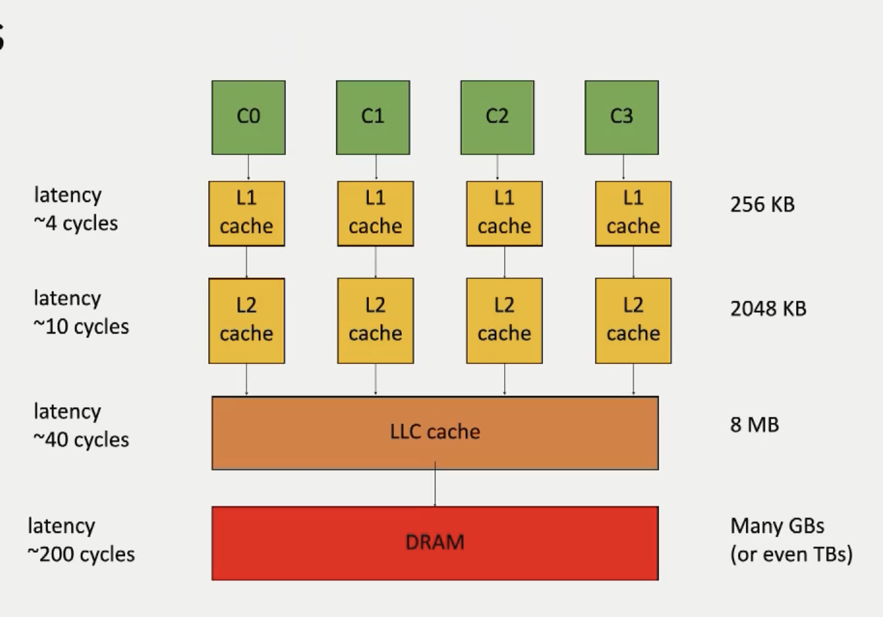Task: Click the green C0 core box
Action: (x=249, y=117)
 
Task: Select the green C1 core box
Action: (x=373, y=117)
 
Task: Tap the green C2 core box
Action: (x=497, y=117)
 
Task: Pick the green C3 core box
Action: (x=621, y=117)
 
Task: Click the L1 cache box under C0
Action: (x=246, y=214)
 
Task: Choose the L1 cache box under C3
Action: (x=633, y=214)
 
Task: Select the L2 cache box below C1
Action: (x=376, y=320)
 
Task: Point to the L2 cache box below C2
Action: (x=504, y=320)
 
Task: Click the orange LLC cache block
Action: (x=435, y=433)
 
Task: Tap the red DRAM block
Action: (x=435, y=543)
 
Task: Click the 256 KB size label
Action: (x=762, y=204)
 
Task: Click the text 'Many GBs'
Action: (x=777, y=526)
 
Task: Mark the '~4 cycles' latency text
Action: (x=76, y=224)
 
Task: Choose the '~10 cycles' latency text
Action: (x=81, y=327)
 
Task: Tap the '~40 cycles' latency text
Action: (x=81, y=440)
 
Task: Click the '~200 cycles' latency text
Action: (x=81, y=555)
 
